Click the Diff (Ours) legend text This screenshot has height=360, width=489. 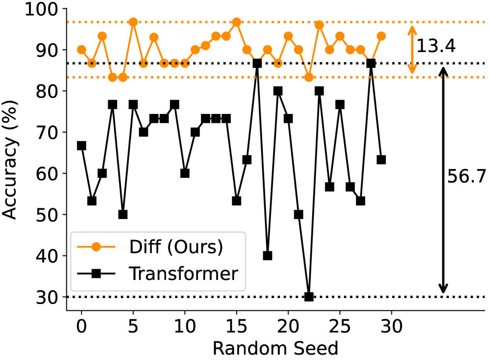176,247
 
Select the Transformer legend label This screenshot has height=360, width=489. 183,274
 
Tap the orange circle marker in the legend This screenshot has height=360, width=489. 96,247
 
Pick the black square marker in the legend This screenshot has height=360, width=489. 96,274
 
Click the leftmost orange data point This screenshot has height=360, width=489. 81,50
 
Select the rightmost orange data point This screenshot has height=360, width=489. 381,36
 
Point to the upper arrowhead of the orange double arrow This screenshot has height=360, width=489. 412,29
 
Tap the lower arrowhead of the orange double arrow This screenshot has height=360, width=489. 412,70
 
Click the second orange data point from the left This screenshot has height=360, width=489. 92,63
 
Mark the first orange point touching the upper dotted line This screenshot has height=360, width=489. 133,22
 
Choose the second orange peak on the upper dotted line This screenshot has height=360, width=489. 237,22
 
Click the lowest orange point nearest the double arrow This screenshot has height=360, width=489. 309,77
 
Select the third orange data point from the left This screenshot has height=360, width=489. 102,36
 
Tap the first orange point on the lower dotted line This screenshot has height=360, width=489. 112,77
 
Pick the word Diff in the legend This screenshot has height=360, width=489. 145,247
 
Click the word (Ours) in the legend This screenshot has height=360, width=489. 195,247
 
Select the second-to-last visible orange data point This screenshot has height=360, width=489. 360,50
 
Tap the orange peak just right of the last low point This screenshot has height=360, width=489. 319,25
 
